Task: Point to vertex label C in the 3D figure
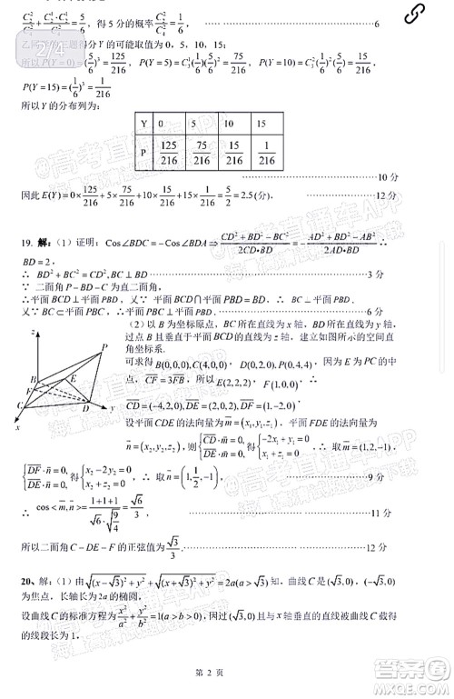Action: coord(19,404)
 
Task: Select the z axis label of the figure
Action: coord(34,334)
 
